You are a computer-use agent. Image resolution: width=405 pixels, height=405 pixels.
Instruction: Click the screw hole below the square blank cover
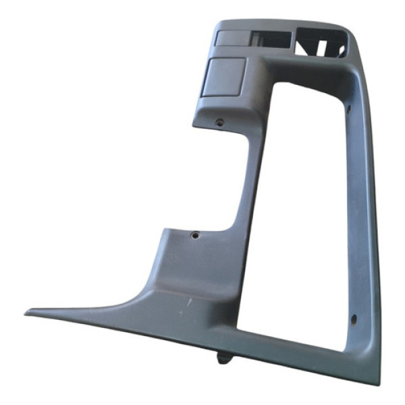tap(219, 122)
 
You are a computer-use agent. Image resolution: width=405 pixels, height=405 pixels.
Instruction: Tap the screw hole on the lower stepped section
tap(195, 235)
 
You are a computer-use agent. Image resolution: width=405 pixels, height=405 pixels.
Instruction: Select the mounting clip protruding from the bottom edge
tap(225, 356)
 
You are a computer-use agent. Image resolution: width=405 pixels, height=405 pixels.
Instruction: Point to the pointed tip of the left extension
tap(28, 313)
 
